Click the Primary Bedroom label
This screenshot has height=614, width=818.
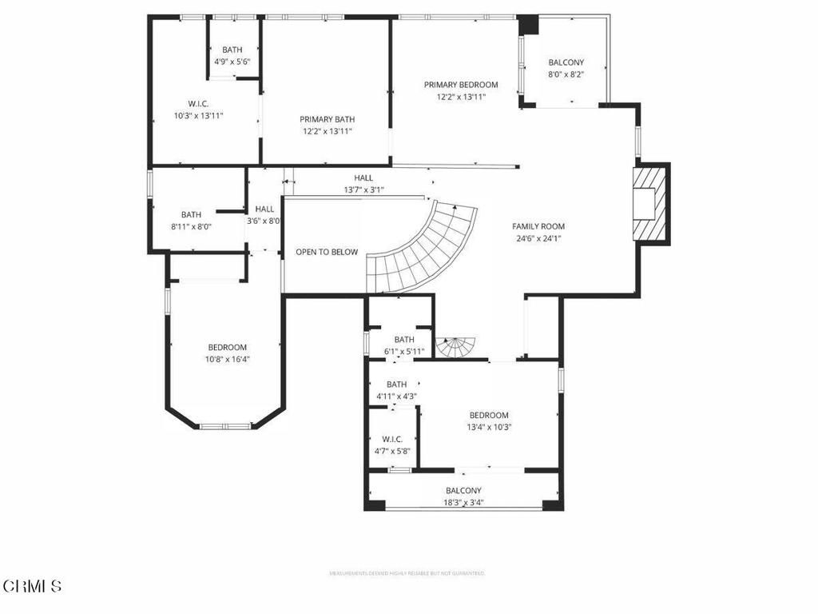(x=461, y=85)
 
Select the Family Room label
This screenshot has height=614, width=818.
(x=538, y=226)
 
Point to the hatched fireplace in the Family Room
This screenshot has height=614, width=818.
(x=649, y=203)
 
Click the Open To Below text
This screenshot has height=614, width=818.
(x=327, y=252)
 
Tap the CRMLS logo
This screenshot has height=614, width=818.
(x=32, y=586)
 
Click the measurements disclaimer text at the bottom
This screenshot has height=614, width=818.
(x=407, y=573)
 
